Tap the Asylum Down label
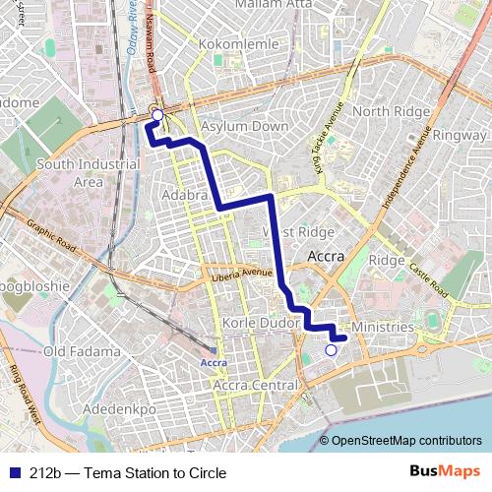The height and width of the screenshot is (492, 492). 245,127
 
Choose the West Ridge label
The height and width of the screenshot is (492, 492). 298,232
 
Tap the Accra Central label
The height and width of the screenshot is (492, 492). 256,385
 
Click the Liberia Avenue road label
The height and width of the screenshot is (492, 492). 241,275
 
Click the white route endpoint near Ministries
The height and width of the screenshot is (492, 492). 331,349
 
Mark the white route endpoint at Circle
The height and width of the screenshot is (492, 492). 156,114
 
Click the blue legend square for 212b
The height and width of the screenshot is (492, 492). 13,473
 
